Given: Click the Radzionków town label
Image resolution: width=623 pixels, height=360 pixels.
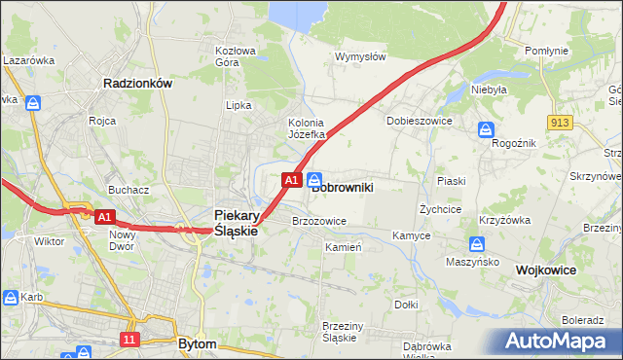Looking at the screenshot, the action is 137,84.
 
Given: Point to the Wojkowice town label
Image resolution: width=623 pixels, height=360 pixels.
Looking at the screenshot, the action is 547,270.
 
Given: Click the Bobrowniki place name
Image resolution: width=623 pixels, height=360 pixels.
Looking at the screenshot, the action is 342,185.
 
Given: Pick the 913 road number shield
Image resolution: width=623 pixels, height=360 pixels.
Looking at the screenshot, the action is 559,121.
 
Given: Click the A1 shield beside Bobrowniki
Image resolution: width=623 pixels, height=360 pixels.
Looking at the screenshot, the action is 290,180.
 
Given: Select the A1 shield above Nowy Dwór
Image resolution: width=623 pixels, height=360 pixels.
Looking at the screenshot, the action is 106,217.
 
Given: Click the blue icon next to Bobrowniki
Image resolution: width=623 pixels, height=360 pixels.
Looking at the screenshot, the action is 315,180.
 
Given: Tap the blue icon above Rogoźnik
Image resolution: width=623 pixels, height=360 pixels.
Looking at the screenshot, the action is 485,129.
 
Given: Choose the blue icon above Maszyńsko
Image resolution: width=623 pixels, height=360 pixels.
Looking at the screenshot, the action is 477,244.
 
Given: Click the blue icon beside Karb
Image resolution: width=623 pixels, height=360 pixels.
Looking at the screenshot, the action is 11,297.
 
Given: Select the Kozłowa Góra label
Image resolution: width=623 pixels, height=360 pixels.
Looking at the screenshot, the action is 235,56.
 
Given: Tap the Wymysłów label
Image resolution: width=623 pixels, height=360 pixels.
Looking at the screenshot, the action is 360,56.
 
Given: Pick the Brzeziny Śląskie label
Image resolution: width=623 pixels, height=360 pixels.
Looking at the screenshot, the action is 343,332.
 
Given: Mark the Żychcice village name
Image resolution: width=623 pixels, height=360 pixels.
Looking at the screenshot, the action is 439,208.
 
